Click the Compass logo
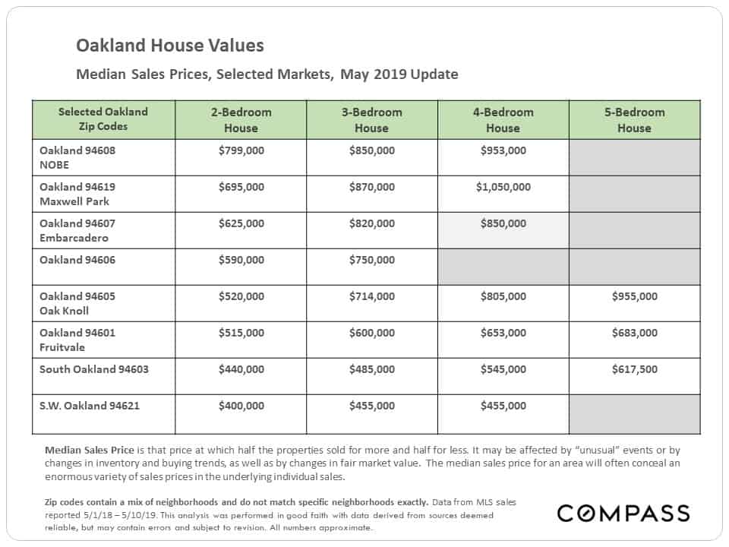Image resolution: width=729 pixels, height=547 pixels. point(623,513)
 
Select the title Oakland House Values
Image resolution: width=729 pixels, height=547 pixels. point(169,46)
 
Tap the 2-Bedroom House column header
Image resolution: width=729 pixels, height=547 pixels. point(241,120)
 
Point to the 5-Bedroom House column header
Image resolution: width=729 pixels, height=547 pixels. point(635,120)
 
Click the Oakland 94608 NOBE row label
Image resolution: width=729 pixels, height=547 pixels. point(77,158)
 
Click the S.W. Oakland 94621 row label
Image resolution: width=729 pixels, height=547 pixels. point(90,406)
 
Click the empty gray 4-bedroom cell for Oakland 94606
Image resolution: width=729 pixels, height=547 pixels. point(503,267)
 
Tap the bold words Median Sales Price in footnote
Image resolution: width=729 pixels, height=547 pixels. point(90,450)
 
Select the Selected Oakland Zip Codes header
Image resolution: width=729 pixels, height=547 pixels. point(103,119)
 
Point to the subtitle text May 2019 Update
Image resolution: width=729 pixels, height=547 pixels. point(399,74)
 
